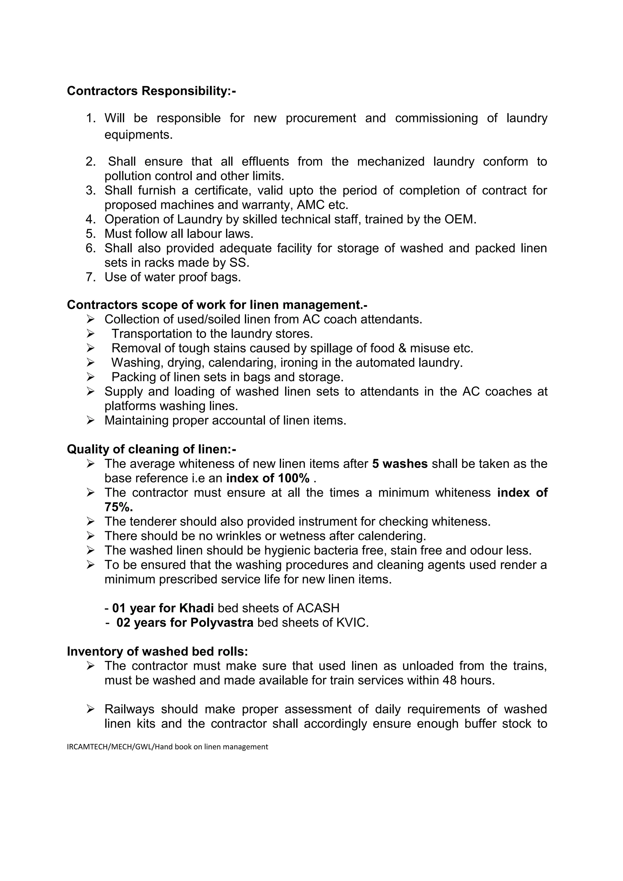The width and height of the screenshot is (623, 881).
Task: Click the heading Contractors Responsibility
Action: [x=151, y=91]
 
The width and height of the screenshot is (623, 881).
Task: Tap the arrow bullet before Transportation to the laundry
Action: [x=91, y=334]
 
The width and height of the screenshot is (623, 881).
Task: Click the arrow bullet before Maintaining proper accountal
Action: [x=91, y=420]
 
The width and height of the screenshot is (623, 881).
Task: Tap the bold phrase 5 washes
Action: [x=400, y=464]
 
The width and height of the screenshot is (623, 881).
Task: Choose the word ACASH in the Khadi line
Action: [x=318, y=608]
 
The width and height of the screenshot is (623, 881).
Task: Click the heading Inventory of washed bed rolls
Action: [x=157, y=652]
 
